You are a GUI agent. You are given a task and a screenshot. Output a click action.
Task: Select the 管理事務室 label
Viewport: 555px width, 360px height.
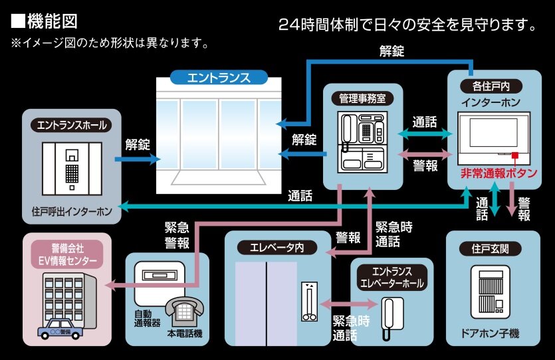(x=362, y=98)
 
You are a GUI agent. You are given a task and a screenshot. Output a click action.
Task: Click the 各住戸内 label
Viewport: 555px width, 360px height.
(x=491, y=86)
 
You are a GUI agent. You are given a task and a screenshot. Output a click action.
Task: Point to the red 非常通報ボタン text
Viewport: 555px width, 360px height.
(x=499, y=173)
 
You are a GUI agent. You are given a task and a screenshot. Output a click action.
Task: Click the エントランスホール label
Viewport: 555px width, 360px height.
(x=72, y=124)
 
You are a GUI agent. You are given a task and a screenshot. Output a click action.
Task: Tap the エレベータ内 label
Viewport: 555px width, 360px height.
(x=277, y=247)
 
